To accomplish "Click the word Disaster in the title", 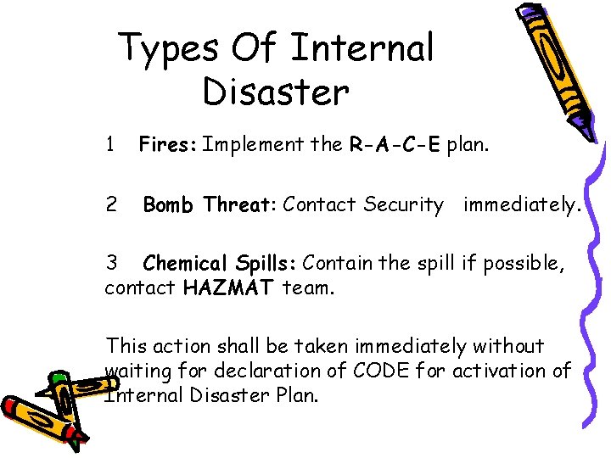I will tap(276, 91).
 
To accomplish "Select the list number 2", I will tap(110, 204).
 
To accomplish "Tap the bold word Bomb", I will tap(170, 204).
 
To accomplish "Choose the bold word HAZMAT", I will tap(228, 288).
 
